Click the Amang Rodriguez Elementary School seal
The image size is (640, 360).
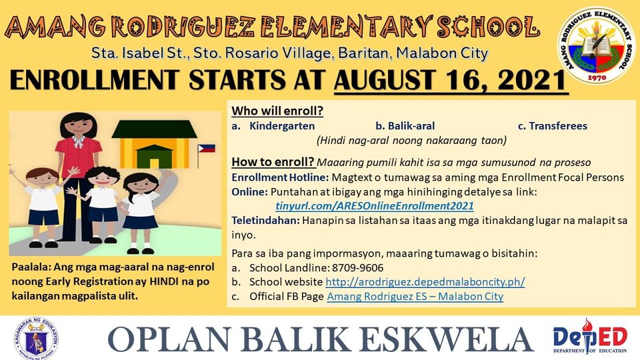[x=596, y=46]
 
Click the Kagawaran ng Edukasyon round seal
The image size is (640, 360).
[x=36, y=338]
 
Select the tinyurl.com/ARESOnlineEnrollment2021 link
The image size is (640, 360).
[x=375, y=206]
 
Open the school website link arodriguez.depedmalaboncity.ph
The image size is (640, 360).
[x=425, y=282]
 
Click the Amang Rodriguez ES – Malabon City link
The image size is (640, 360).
[x=415, y=296]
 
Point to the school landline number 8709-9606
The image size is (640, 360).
[x=357, y=268]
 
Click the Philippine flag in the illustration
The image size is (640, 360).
[x=207, y=148]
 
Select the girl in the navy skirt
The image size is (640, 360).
[x=141, y=212]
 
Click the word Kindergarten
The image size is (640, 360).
[x=282, y=126]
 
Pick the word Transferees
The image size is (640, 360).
[x=558, y=126]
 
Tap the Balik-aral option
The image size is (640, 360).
[x=405, y=126]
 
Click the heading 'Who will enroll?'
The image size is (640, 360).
[x=277, y=111]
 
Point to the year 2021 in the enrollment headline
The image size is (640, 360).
[x=531, y=80]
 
